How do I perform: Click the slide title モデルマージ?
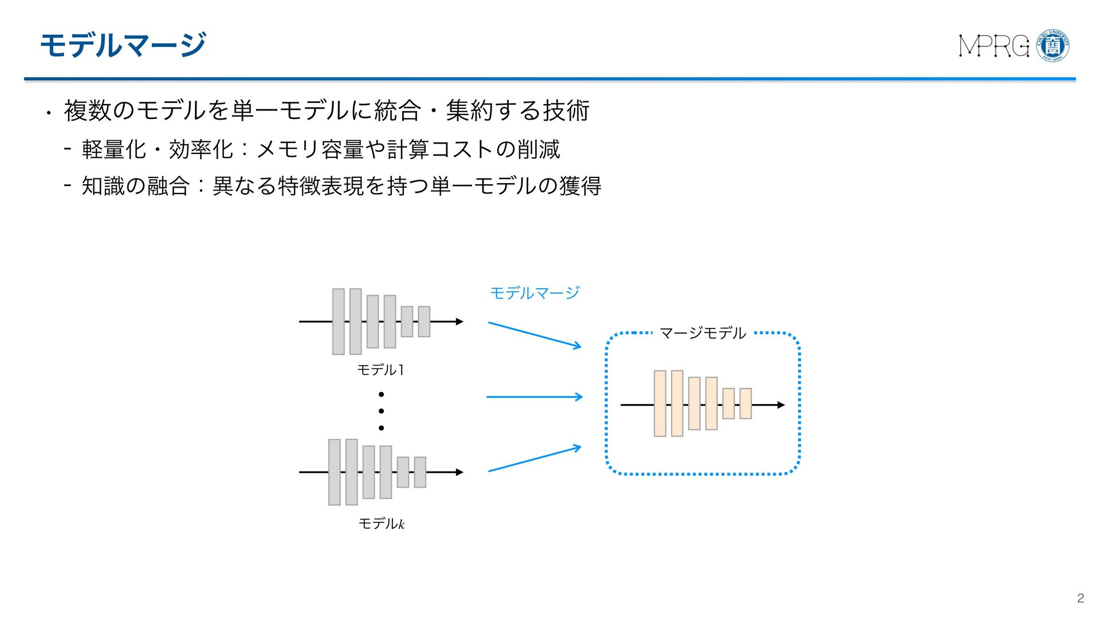123,45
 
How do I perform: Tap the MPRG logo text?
994,46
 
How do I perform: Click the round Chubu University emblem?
1053,46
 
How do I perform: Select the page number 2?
1081,598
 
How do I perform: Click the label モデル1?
380,370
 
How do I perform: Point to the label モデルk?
381,524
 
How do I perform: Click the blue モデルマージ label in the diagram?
535,293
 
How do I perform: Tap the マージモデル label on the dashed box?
702,333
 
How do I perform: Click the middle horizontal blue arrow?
534,397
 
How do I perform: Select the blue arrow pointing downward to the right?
534,335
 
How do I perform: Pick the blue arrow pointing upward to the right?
534,459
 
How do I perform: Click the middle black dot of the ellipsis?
381,411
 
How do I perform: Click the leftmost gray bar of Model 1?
339,322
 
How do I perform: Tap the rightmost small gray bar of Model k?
420,472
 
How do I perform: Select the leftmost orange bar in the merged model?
660,403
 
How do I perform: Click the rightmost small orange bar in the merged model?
745,403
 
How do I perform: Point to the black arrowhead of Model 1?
459,322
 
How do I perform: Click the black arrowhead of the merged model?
781,405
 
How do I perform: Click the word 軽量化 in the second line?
114,149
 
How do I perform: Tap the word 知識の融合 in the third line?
135,186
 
